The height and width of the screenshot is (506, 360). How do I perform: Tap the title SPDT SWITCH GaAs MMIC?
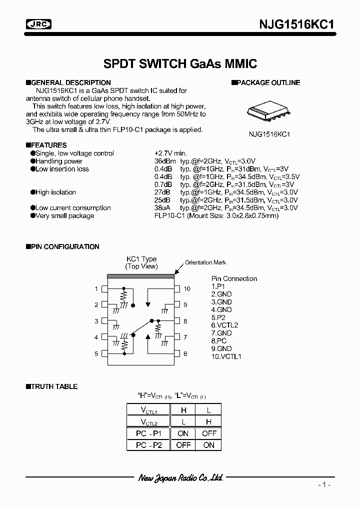click(180, 63)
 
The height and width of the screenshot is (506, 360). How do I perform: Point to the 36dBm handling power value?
click(164, 161)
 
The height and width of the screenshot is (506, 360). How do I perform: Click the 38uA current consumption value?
click(163, 207)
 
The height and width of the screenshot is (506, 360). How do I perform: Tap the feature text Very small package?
click(64, 215)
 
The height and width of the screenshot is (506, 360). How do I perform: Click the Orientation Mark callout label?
click(205, 262)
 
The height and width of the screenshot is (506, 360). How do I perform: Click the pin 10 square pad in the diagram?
click(176, 288)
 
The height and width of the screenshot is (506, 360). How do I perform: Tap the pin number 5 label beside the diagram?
click(96, 353)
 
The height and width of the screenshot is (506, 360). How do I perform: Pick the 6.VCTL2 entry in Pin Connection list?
click(224, 325)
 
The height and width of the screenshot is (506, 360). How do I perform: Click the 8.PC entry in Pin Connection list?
click(219, 340)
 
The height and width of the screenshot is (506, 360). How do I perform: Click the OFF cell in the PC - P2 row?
click(183, 445)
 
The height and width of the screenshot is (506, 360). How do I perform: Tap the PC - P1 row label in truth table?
click(148, 433)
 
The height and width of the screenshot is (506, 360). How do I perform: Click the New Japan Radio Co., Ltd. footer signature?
click(180, 478)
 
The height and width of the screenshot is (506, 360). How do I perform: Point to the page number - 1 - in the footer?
click(324, 485)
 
